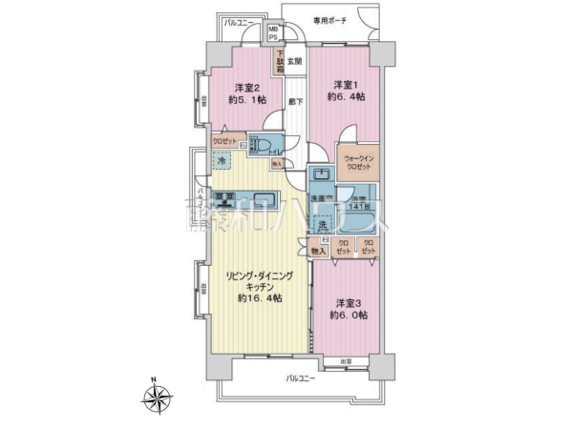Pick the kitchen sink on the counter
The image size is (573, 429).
265,200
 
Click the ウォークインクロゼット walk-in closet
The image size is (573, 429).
358,162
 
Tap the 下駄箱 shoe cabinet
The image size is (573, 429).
281,62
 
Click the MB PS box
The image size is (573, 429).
274,34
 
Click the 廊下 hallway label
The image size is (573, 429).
295,100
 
